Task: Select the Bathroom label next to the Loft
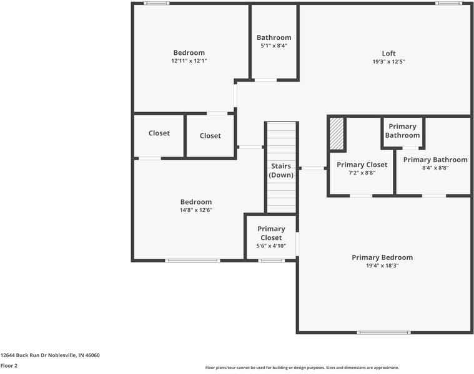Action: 274,37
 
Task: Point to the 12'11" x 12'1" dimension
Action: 189,61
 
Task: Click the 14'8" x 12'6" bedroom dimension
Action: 196,210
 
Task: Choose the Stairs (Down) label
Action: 281,171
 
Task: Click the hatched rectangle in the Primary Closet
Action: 337,133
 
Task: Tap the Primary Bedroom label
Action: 382,257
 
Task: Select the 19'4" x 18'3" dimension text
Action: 382,266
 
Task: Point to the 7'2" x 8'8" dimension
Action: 362,173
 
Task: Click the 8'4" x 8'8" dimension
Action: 435,168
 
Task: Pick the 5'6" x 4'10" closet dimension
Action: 271,246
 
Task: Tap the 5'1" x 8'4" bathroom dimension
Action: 274,46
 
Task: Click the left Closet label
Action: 159,133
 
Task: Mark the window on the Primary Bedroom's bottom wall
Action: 383,332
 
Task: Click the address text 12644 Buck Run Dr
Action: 50,355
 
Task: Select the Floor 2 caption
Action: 9,366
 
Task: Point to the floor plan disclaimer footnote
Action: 302,368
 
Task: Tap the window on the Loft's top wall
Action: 448,4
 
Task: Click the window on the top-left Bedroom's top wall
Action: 156,4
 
